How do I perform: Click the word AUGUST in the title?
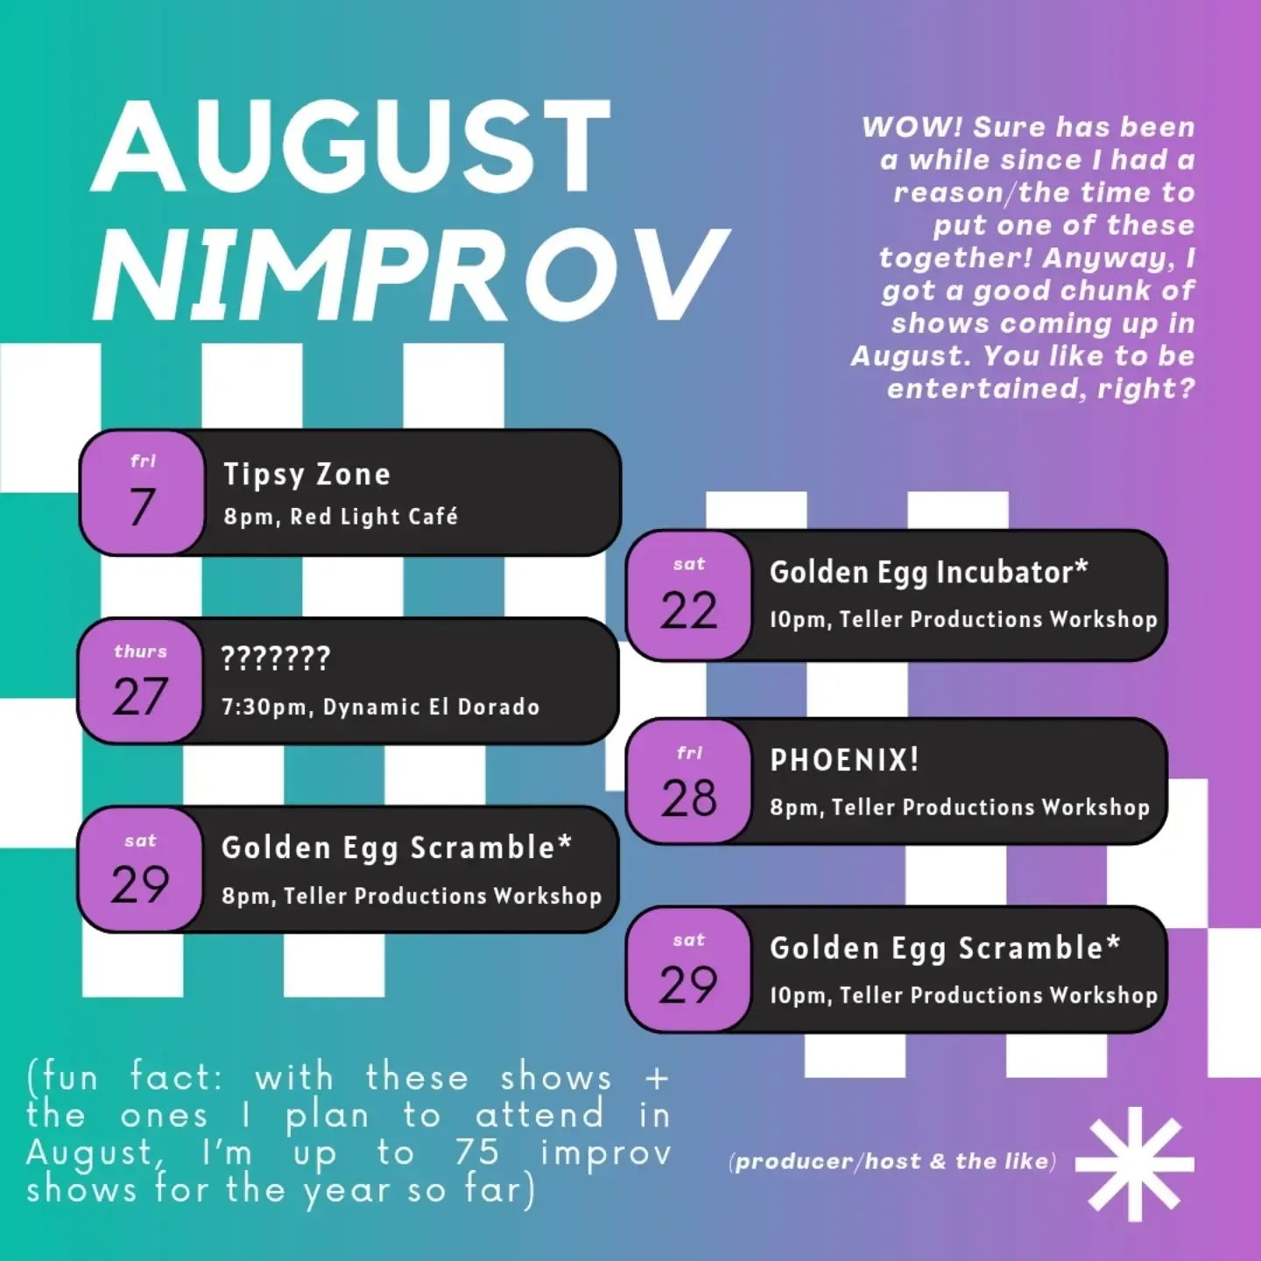(350, 146)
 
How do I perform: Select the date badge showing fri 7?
(142, 493)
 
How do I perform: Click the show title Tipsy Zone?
(306, 475)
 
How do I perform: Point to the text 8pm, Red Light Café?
(341, 517)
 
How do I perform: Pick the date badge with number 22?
(688, 595)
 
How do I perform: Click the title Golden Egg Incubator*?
(928, 572)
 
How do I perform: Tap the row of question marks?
(276, 658)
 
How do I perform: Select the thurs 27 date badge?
(140, 680)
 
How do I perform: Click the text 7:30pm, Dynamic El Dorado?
(381, 707)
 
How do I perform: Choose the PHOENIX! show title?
(844, 760)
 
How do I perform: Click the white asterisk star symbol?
(1135, 1164)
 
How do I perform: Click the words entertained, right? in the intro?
(1041, 389)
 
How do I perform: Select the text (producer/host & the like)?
(892, 1161)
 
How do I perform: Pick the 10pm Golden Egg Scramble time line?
(963, 996)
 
